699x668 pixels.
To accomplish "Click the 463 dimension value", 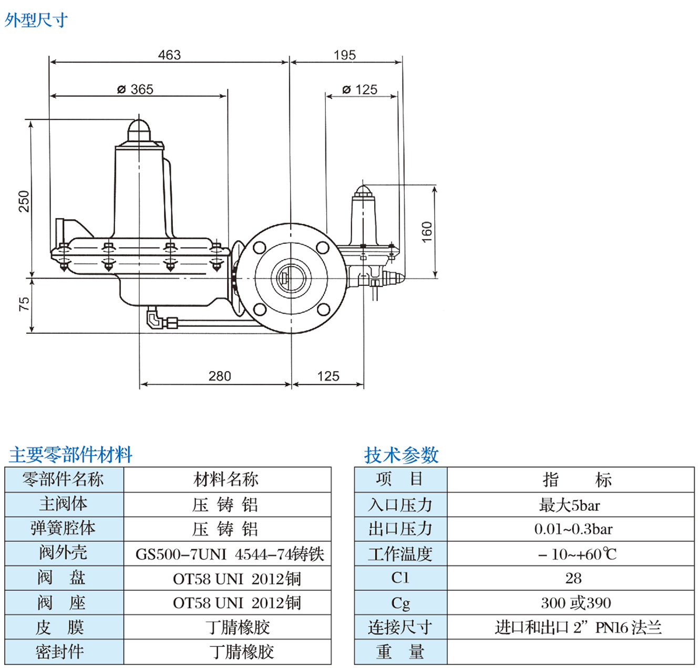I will pyautogui.click(x=169, y=55).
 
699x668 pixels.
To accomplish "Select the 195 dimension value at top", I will pyautogui.click(x=345, y=55).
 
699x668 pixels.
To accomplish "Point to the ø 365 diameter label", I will pyautogui.click(x=136, y=89).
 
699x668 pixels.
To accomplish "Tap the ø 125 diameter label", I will pyautogui.click(x=360, y=89).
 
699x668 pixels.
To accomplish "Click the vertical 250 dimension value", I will pyautogui.click(x=24, y=201).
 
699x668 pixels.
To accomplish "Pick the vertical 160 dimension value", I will pyautogui.click(x=427, y=232).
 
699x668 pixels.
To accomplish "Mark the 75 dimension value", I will pyautogui.click(x=24, y=304).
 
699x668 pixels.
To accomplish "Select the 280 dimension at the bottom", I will pyautogui.click(x=220, y=376).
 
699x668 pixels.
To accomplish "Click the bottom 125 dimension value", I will pyautogui.click(x=328, y=376).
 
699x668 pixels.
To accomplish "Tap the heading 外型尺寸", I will pyautogui.click(x=36, y=20).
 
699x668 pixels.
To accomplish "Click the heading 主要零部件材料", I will pyautogui.click(x=70, y=455).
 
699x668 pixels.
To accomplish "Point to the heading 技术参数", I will pyautogui.click(x=402, y=455).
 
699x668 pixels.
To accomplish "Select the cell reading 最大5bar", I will pyautogui.click(x=570, y=506).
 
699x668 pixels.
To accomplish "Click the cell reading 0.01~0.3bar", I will pyautogui.click(x=573, y=529).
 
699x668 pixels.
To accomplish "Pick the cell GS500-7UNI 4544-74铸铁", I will pyautogui.click(x=230, y=554).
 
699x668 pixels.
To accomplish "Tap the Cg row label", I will pyautogui.click(x=400, y=603).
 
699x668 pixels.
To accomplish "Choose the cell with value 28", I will pyautogui.click(x=573, y=579).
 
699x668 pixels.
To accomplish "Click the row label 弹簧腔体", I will pyautogui.click(x=63, y=529).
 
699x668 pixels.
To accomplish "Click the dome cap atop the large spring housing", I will pyautogui.click(x=139, y=129).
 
